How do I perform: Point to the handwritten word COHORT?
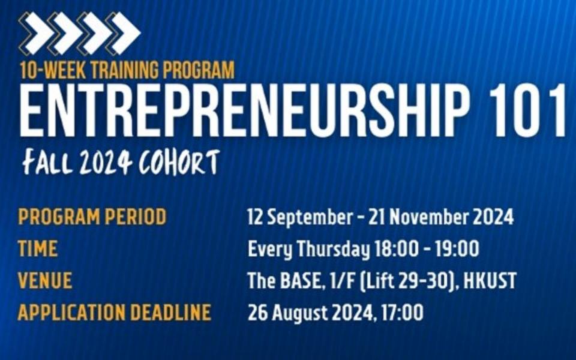coord(179,162)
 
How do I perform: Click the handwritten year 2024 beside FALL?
coord(106,163)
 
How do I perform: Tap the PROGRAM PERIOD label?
coord(92,217)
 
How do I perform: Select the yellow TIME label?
coord(37,248)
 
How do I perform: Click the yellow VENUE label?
coord(45,280)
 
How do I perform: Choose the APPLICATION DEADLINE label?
coord(114,312)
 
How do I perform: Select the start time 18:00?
coord(397,248)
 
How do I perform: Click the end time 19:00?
coord(457,248)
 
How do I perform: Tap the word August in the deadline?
coord(300,314)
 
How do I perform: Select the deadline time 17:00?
coord(402,313)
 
